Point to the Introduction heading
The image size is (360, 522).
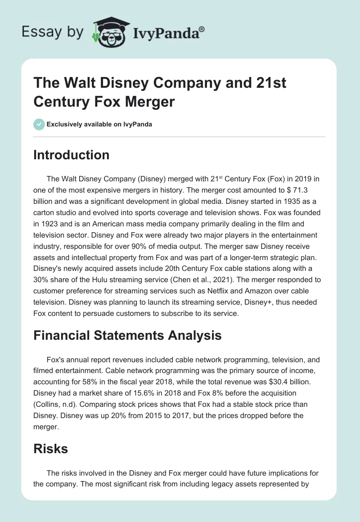click(72, 155)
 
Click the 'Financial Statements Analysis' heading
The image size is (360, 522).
click(127, 335)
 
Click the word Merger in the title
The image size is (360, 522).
click(146, 102)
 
